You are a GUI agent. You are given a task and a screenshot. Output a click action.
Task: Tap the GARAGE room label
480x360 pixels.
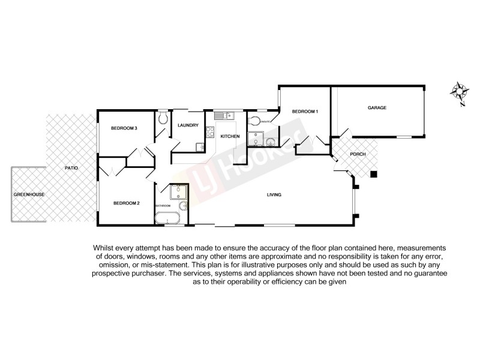tap(377, 108)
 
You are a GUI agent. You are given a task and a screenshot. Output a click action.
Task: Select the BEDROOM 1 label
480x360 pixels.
tap(305, 112)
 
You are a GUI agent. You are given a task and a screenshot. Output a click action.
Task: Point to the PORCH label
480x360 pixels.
tap(358, 154)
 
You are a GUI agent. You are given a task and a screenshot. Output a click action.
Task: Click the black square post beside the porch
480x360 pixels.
tap(373, 175)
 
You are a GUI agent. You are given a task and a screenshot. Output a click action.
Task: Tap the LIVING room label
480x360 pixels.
tap(275, 195)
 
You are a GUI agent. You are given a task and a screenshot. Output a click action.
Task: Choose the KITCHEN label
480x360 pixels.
tap(230, 137)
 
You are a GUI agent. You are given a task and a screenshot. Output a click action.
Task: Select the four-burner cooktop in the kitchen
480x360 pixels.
tap(209, 132)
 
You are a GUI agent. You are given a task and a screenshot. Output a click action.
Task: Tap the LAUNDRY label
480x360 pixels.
tap(188, 125)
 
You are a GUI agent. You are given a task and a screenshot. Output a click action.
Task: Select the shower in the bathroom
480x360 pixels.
tap(178, 191)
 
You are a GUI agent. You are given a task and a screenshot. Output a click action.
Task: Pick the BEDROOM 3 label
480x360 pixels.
tap(125, 128)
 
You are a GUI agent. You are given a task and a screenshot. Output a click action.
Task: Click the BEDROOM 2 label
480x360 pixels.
tap(127, 203)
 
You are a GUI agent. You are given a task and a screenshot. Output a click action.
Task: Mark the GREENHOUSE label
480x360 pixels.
tap(29, 195)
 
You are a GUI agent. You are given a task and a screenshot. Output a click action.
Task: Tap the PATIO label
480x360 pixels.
tap(72, 168)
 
